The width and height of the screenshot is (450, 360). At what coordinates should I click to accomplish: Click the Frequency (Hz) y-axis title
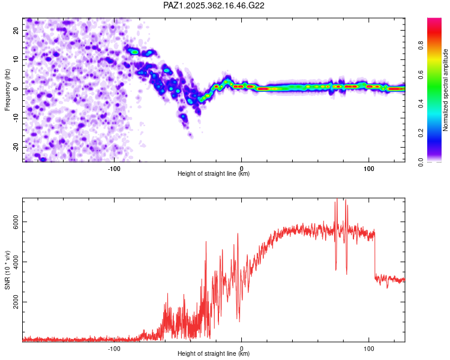pyautogui.click(x=8, y=89)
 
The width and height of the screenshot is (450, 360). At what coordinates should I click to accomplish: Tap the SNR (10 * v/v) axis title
pyautogui.click(x=8, y=269)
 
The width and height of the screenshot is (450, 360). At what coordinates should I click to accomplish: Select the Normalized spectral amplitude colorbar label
pyautogui.click(x=446, y=90)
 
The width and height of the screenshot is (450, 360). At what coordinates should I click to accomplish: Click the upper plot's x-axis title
pyautogui.click(x=214, y=174)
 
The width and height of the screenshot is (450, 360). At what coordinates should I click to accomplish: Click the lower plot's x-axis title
pyautogui.click(x=214, y=354)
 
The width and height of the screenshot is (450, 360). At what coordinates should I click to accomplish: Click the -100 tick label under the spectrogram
pyautogui.click(x=114, y=168)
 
